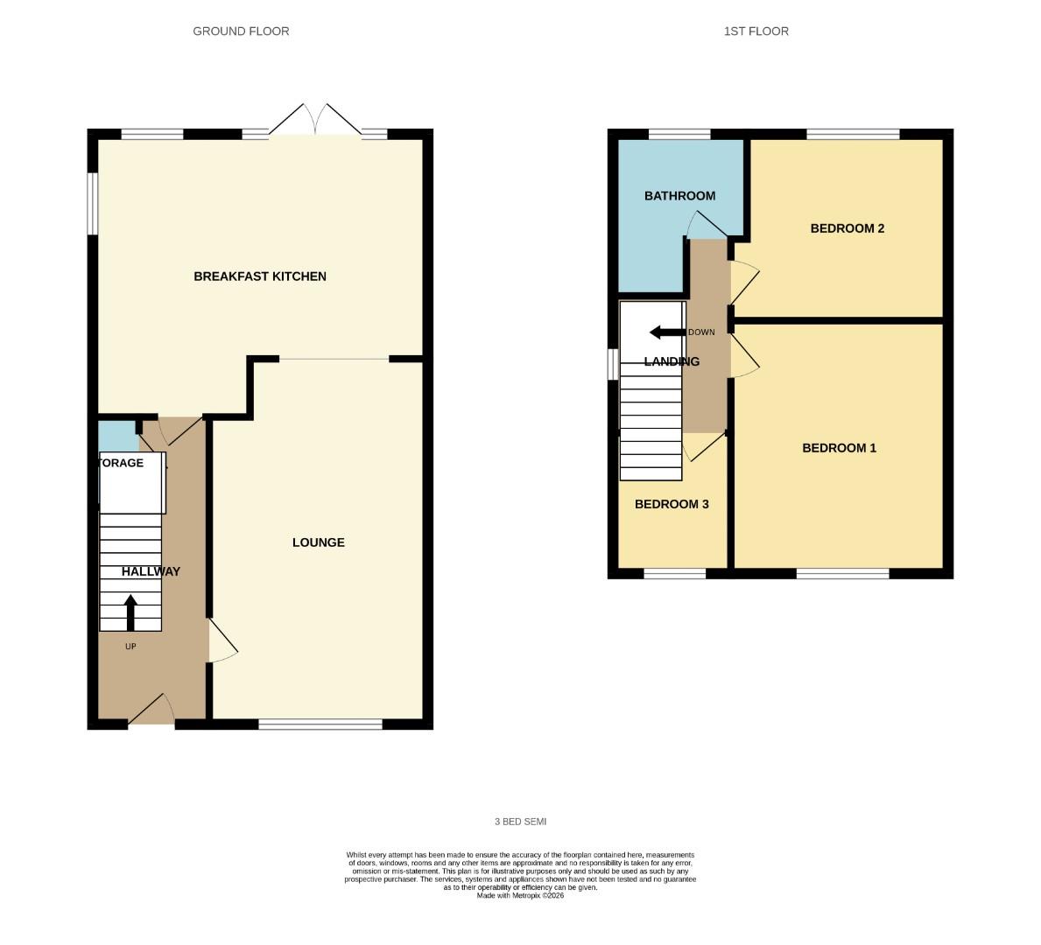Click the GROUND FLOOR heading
tap(241, 31)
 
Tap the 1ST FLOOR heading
tap(756, 31)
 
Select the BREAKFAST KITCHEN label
tap(260, 276)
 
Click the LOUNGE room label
tap(318, 542)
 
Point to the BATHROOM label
tap(679, 196)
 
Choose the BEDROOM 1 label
tap(839, 448)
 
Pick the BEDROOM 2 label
tap(847, 228)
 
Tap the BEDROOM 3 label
tap(672, 504)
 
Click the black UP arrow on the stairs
tap(130, 612)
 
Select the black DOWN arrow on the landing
tap(666, 332)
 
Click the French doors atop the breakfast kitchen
tap(314, 121)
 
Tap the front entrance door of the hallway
tap(151, 711)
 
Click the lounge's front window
tap(320, 724)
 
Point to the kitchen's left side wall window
tap(92, 203)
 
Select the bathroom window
tap(679, 135)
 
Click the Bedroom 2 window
tap(852, 135)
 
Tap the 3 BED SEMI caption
tap(520, 822)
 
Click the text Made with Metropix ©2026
tap(520, 895)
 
